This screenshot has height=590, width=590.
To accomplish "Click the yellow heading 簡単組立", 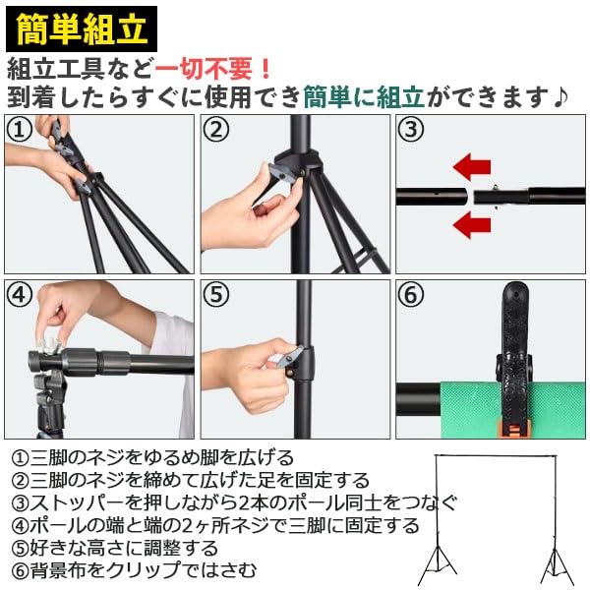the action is point(82,29).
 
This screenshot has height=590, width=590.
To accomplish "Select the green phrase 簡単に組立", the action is point(364,97).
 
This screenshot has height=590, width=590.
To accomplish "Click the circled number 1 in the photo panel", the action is point(20,129).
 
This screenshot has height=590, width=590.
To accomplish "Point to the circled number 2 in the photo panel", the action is point(215,129).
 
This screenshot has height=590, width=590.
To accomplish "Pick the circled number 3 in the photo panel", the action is point(411,129).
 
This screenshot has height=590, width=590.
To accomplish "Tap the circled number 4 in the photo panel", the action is point(20,294).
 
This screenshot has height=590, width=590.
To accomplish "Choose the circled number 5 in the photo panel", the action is point(215,294).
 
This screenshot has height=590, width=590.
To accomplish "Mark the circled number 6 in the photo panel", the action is point(411,294).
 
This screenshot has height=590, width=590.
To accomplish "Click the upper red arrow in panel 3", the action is point(472,167).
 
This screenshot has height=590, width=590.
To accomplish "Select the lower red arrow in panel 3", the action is point(472,225).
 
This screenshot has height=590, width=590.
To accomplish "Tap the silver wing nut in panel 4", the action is point(49,343).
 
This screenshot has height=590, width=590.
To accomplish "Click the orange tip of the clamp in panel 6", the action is point(513,430).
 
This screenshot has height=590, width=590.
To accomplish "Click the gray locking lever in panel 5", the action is point(287,358).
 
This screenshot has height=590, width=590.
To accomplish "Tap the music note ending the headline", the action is point(560,97).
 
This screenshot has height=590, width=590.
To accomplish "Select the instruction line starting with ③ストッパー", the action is point(234,502).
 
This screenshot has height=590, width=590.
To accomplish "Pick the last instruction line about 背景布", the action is point(134,570).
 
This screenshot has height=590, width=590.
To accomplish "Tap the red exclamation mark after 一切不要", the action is point(265,69).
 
